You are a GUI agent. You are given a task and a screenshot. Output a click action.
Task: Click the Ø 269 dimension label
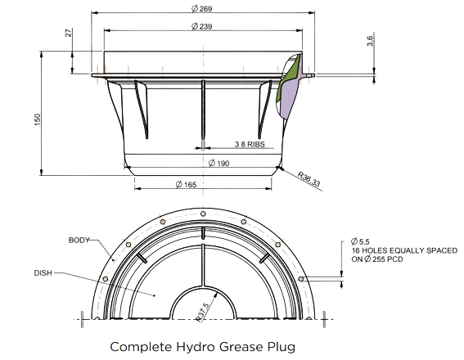pos(202,8)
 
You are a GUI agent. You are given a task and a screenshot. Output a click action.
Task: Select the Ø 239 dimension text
pos(202,26)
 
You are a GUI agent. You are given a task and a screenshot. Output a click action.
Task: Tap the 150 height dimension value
pos(38,119)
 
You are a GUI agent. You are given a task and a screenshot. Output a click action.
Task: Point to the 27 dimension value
pos(69,33)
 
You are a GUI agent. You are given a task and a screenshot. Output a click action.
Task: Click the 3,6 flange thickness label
pos(371,41)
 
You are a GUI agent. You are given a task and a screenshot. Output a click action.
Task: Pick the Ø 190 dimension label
pos(219,164)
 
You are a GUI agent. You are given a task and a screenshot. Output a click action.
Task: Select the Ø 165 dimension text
pos(186,185)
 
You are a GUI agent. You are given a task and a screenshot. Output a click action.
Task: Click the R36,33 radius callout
pos(309,179)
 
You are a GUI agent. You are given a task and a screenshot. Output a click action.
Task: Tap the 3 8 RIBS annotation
pos(250,144)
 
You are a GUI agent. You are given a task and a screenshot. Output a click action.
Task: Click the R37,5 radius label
pos(202,312)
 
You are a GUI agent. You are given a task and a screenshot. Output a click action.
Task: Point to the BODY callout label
pos(79,241)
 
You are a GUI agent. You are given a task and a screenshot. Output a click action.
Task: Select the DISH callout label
pos(43,273)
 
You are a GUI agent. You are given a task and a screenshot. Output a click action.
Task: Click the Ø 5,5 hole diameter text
pos(360,241)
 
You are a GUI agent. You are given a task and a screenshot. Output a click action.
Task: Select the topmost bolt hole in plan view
pos(203,214)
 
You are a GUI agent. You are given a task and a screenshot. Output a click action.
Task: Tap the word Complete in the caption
pos(141,347)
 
